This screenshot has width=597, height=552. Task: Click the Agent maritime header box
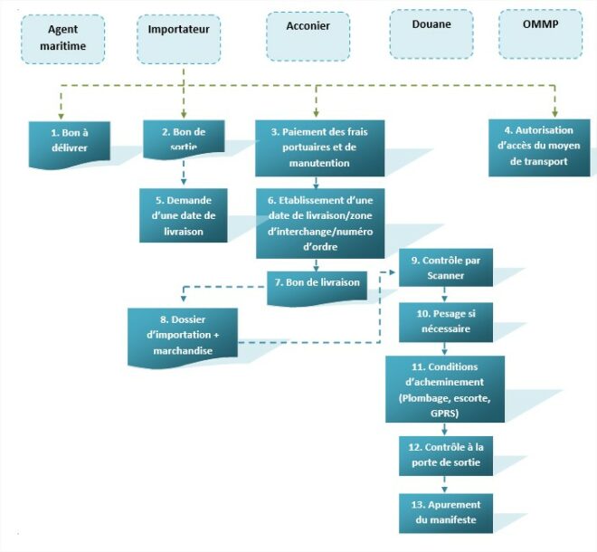(x=62, y=39)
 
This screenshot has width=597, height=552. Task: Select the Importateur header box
(x=178, y=39)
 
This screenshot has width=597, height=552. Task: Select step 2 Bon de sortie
(x=184, y=138)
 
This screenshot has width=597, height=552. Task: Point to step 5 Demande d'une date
(x=184, y=214)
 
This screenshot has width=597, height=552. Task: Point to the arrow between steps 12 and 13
(x=444, y=483)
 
